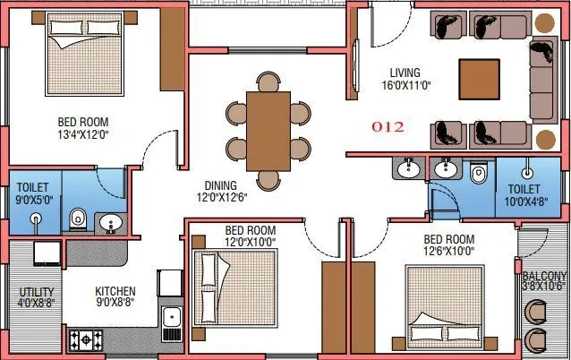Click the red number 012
387,127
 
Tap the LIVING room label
406,73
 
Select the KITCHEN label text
116,291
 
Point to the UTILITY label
37,293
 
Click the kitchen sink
171,316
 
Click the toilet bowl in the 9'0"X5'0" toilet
78,218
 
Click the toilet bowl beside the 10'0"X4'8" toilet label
477,174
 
